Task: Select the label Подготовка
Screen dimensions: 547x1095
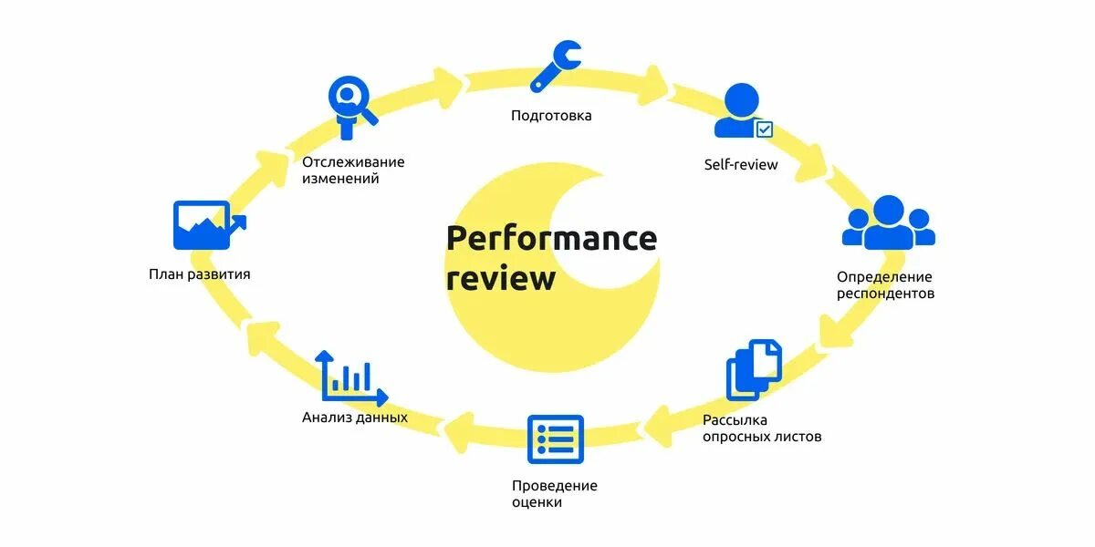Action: pyautogui.click(x=551, y=116)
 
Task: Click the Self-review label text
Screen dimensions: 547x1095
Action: pyautogui.click(x=741, y=165)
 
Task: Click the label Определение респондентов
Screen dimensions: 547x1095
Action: pyautogui.click(x=885, y=284)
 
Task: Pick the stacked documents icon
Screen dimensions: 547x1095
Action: pyautogui.click(x=755, y=369)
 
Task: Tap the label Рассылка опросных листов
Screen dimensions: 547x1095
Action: pyautogui.click(x=762, y=428)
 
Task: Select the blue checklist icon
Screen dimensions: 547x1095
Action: pyautogui.click(x=555, y=439)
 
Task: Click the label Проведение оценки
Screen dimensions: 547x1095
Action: pyautogui.click(x=555, y=493)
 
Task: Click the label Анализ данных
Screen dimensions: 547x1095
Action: pyautogui.click(x=355, y=418)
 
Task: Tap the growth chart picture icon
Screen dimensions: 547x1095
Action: pyautogui.click(x=207, y=225)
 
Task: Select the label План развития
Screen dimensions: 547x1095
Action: pyautogui.click(x=200, y=273)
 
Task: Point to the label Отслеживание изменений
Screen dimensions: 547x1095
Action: pyautogui.click(x=353, y=170)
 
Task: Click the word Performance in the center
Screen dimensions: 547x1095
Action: pyautogui.click(x=551, y=239)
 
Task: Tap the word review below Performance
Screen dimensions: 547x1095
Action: pyautogui.click(x=501, y=277)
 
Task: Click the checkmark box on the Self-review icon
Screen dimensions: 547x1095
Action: pyautogui.click(x=764, y=129)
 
